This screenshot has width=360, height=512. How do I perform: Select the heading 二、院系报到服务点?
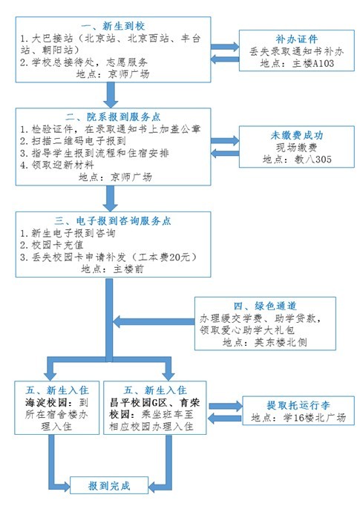(x=111, y=117)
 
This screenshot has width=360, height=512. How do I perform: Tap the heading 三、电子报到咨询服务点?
(x=111, y=220)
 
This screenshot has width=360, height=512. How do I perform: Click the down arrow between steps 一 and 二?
(x=111, y=94)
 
